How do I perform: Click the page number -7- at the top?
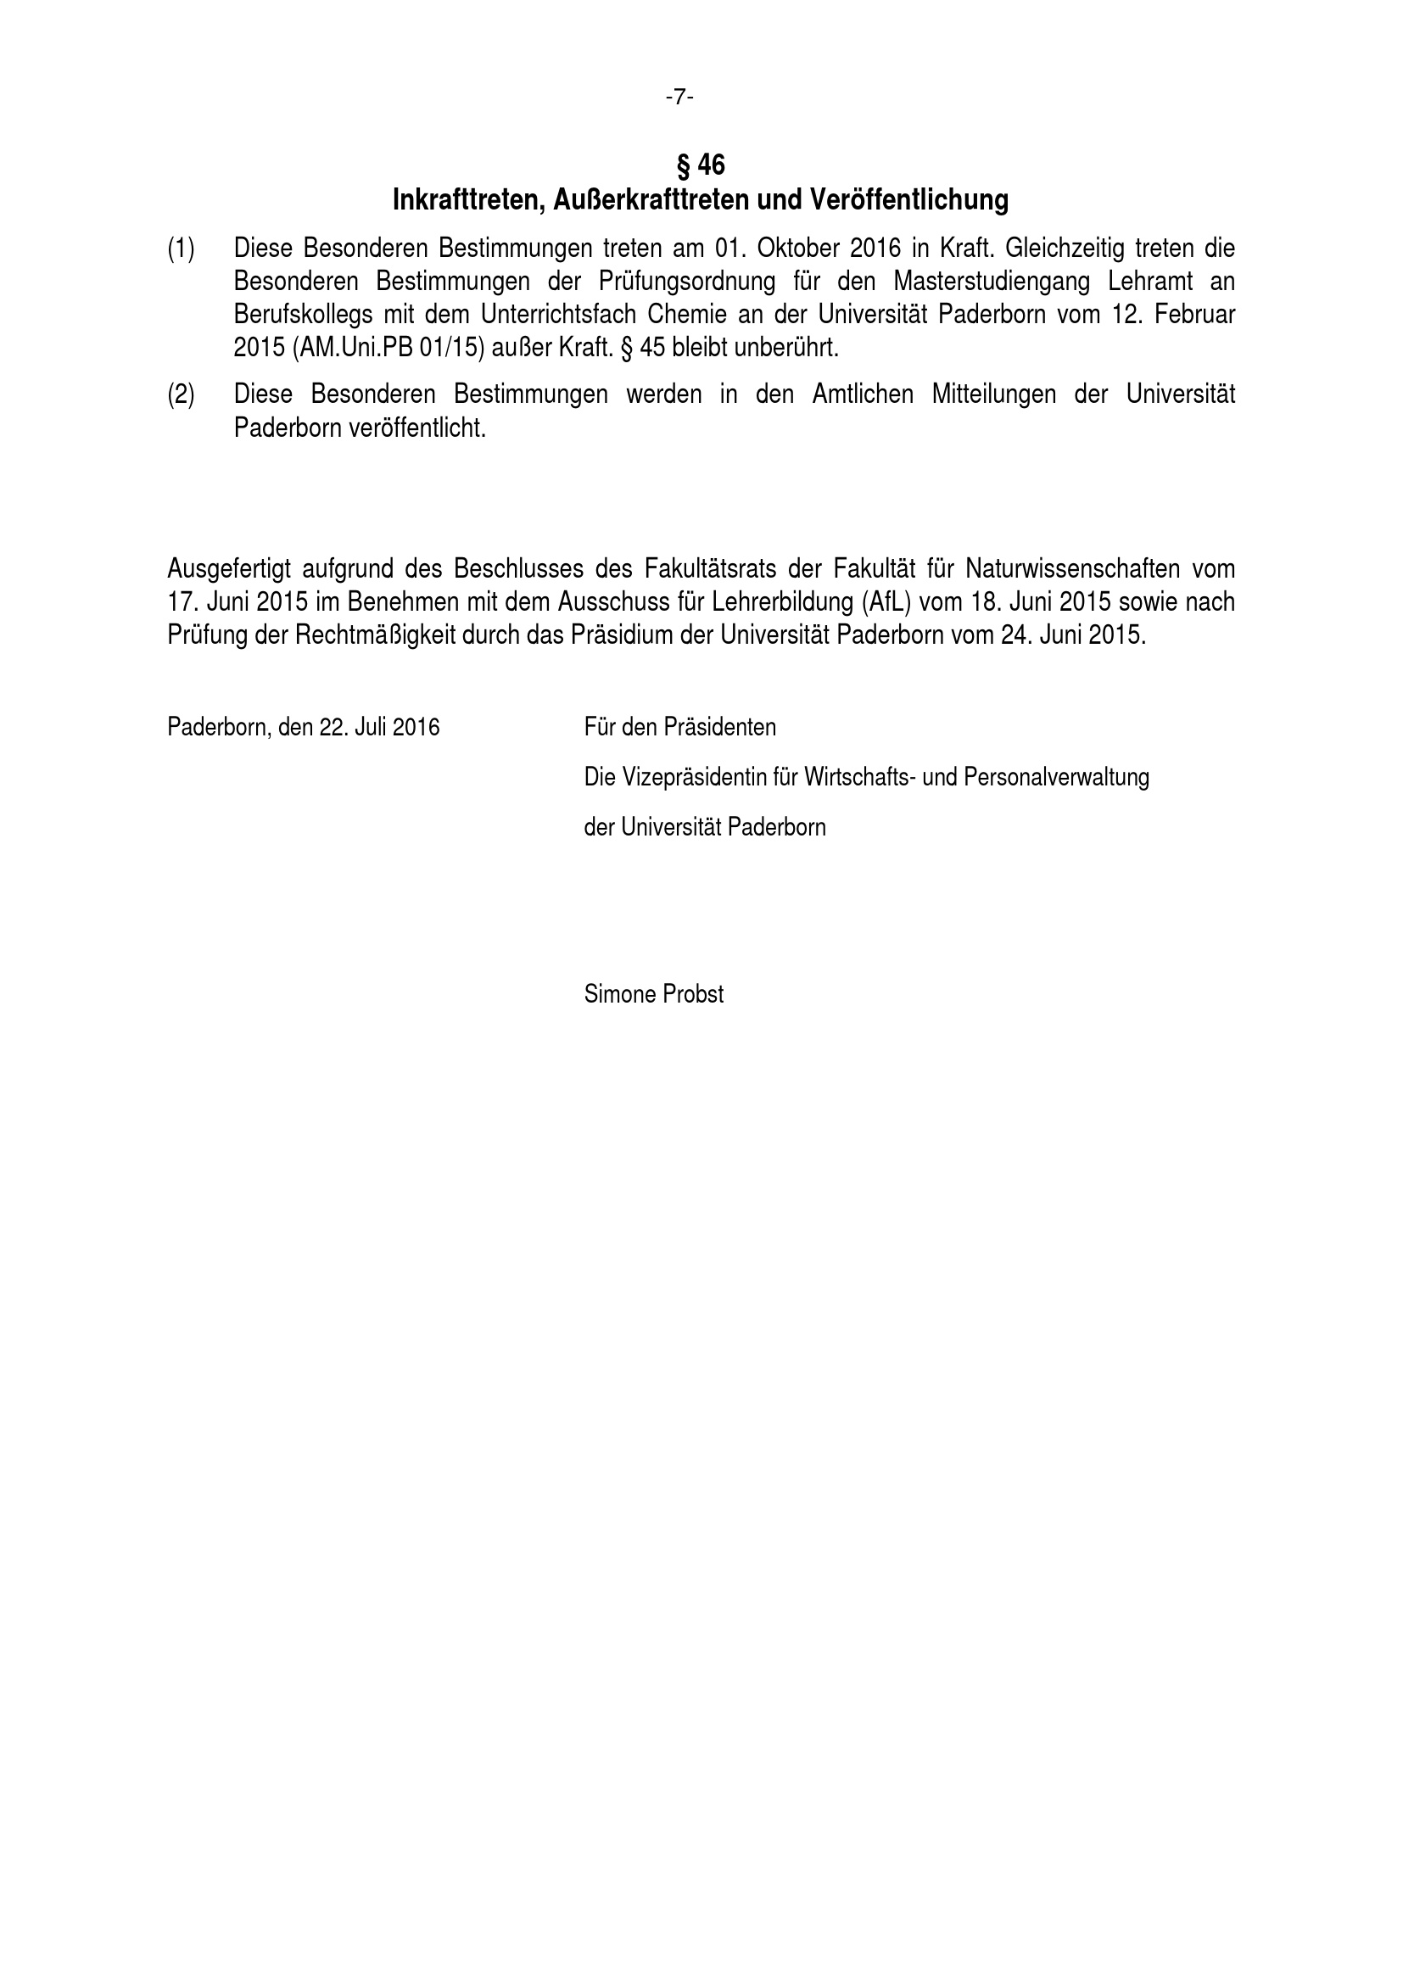pos(679,98)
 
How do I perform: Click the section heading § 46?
pos(700,165)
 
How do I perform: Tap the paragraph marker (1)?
pos(181,249)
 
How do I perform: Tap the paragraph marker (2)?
pos(181,395)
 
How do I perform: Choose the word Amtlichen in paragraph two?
pos(862,395)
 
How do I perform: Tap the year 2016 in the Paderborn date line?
pos(416,728)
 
